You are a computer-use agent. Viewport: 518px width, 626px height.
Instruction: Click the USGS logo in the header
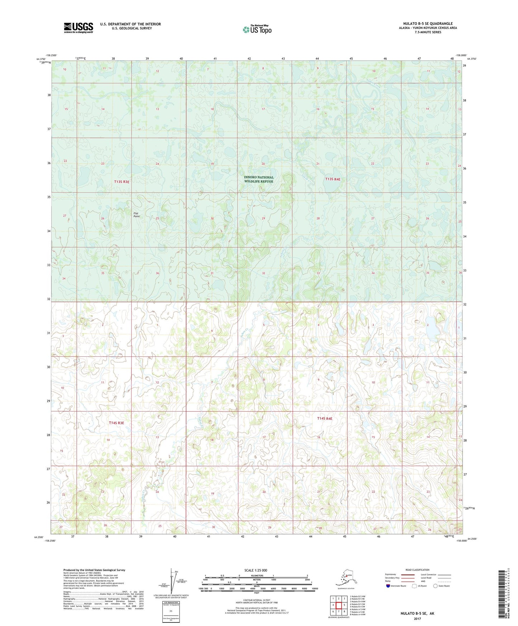pos(78,27)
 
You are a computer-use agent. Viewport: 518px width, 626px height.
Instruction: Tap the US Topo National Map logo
pos(257,29)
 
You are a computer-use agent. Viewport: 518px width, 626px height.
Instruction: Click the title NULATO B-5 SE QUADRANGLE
pos(428,24)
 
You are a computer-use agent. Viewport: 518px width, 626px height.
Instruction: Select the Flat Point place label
pos(136,215)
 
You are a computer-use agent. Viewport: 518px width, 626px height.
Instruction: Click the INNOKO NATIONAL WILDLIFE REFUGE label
pos(258,179)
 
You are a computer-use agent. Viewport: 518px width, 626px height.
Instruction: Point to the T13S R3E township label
pos(122,182)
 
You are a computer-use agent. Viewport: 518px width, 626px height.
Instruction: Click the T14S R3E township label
pos(117,423)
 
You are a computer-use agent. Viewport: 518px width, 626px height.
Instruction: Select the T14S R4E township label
pos(324,418)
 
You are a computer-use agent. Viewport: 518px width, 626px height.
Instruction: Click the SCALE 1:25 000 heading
pos(256,570)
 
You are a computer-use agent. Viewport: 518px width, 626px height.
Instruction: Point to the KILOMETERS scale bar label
pos(256,576)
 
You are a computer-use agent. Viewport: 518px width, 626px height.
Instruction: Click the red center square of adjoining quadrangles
pos(338,605)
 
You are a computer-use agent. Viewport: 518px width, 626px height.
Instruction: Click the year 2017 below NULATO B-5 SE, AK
pos(417,618)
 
